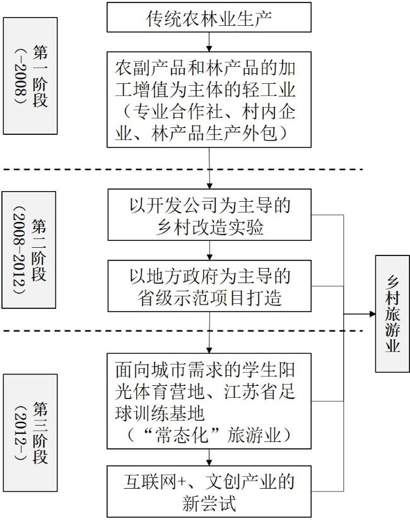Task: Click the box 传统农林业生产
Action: tap(209, 18)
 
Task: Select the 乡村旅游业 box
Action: tap(392, 314)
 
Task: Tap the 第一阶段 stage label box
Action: tap(30, 76)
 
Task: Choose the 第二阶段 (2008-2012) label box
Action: tap(29, 250)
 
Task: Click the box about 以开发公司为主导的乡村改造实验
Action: tap(209, 214)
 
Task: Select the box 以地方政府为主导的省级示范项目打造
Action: tap(209, 286)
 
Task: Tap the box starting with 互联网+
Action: tap(209, 491)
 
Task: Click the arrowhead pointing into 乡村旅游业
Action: tap(372, 314)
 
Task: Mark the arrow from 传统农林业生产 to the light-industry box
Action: tap(209, 42)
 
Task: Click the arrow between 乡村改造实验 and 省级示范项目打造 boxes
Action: tap(209, 250)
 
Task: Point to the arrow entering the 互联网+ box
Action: tap(209, 457)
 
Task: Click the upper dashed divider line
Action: tap(184, 170)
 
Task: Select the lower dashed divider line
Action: tap(184, 331)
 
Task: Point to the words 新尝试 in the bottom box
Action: tap(209, 503)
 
